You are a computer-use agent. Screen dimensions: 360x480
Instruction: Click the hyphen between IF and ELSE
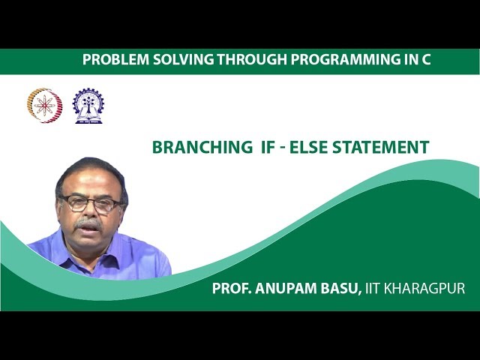coord(288,148)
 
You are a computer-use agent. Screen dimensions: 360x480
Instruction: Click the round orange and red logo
coord(44,106)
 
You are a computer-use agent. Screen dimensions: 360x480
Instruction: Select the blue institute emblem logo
coord(88,106)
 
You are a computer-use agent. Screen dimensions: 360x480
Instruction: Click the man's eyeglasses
coord(91,203)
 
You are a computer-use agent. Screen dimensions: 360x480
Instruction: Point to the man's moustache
coord(88,224)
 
